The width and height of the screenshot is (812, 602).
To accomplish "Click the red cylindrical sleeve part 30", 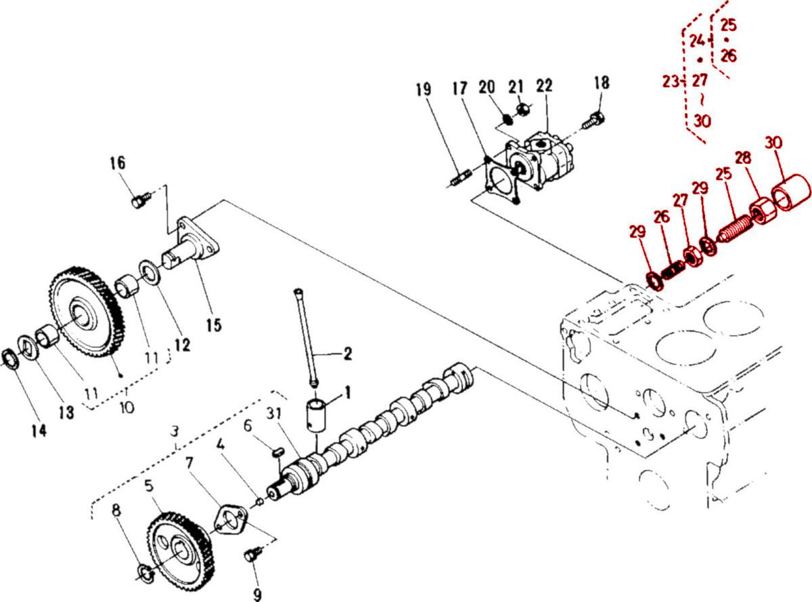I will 792,192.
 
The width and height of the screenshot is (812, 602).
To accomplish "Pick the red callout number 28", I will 743,159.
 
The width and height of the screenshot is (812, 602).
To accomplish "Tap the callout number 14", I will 39,430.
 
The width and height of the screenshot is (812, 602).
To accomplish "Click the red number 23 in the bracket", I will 670,82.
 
